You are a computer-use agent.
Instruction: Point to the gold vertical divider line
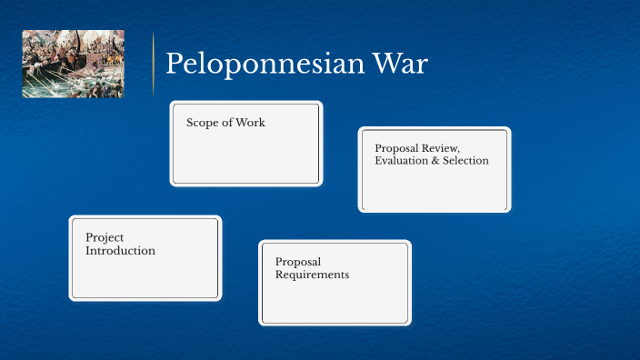pyautogui.click(x=153, y=65)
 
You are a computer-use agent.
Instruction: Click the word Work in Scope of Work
pyautogui.click(x=250, y=123)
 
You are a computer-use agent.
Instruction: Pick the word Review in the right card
pyautogui.click(x=442, y=147)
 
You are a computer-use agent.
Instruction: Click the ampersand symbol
pyautogui.click(x=440, y=161)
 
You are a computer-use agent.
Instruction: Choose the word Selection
pyautogui.click(x=468, y=161)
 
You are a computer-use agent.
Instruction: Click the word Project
pyautogui.click(x=105, y=238)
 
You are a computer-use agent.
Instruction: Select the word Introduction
pyautogui.click(x=120, y=251)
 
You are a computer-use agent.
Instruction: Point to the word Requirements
pyautogui.click(x=312, y=275)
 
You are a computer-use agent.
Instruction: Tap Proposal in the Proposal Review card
pyautogui.click(x=397, y=147)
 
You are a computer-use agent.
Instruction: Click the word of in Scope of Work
pyautogui.click(x=227, y=123)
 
